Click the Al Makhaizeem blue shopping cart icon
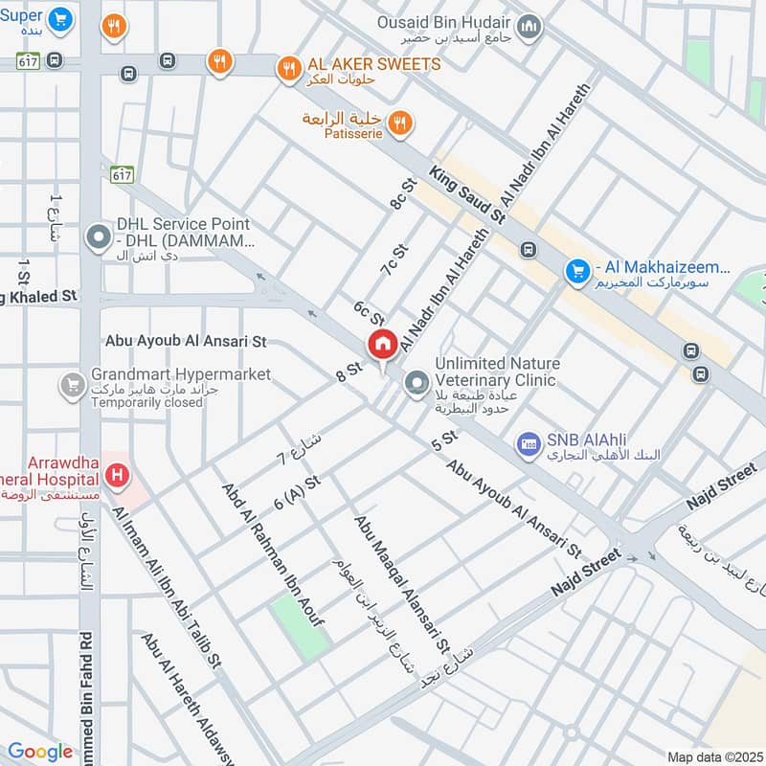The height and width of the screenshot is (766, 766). tap(575, 272)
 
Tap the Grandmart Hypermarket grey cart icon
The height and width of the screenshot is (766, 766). tap(72, 386)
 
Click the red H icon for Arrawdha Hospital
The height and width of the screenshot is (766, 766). tap(117, 473)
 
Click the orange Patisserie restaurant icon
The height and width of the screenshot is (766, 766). tap(400, 124)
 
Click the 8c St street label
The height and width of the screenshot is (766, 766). tap(399, 191)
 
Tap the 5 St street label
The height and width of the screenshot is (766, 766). tap(445, 441)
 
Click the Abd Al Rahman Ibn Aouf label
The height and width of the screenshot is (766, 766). tap(273, 554)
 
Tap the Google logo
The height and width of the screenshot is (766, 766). tap(40, 753)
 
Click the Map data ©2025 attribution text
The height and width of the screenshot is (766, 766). tap(712, 756)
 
